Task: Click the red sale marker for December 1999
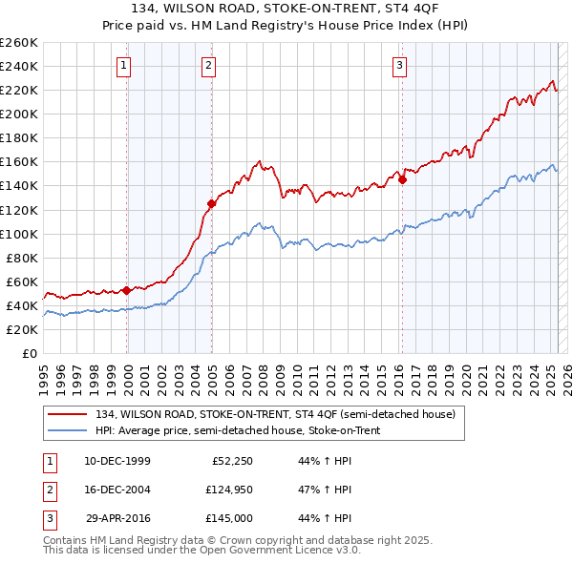126,290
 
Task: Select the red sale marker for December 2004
211,203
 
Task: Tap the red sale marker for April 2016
402,178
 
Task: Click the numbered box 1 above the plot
125,66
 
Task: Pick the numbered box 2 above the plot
208,66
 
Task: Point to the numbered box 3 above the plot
399,66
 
